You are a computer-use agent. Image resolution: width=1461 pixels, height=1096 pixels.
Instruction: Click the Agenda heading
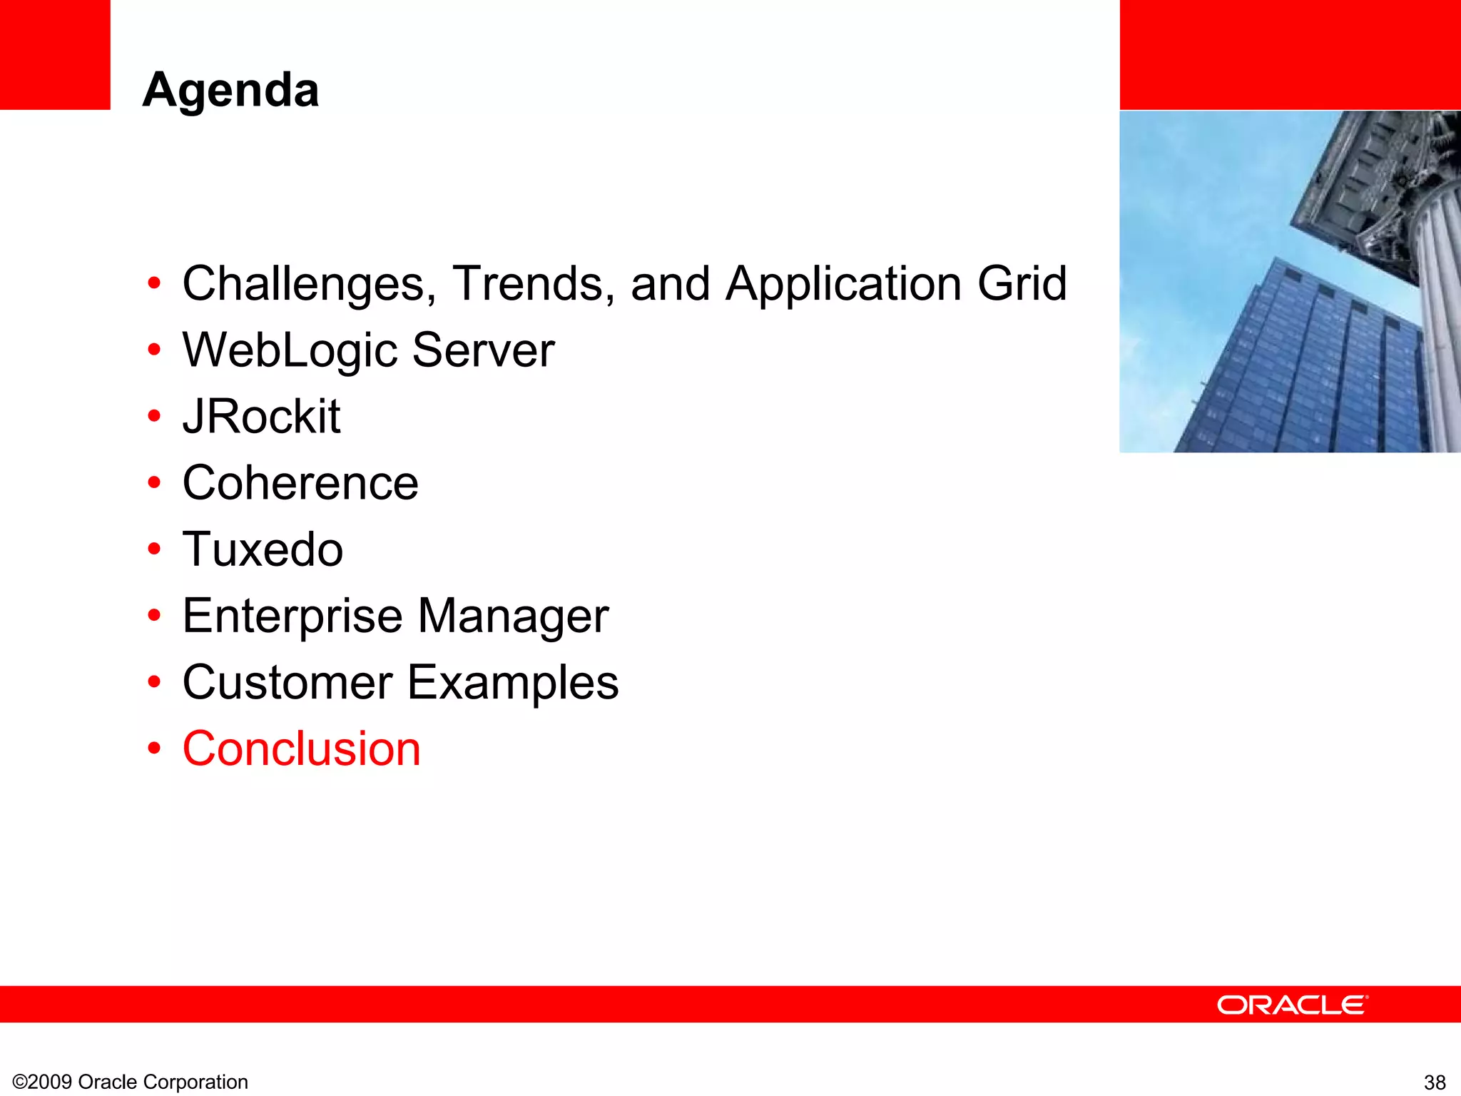pyautogui.click(x=230, y=91)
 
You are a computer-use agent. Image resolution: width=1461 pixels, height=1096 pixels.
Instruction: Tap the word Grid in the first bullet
pyautogui.click(x=1022, y=284)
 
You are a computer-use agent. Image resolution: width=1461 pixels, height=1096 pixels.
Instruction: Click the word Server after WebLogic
pyautogui.click(x=483, y=350)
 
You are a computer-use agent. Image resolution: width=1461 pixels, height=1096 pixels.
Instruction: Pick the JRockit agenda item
pyautogui.click(x=261, y=417)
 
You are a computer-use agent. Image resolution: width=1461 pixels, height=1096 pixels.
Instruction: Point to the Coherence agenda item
pyautogui.click(x=300, y=483)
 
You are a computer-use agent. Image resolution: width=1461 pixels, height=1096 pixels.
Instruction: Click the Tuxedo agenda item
pyautogui.click(x=263, y=549)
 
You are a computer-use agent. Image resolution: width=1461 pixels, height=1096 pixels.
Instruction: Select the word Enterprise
pyautogui.click(x=292, y=616)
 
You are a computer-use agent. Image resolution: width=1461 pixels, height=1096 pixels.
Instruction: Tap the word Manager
pyautogui.click(x=513, y=616)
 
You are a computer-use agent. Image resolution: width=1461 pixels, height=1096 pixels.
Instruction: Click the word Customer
pyautogui.click(x=287, y=682)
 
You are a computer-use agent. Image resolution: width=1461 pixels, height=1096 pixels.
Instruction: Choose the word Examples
pyautogui.click(x=513, y=682)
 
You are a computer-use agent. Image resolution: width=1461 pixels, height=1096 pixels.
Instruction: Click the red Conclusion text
pyautogui.click(x=302, y=749)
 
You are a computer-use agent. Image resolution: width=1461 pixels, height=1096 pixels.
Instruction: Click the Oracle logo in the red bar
pyautogui.click(x=1292, y=1005)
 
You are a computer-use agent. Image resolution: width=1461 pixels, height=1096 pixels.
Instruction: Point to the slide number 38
pyautogui.click(x=1435, y=1082)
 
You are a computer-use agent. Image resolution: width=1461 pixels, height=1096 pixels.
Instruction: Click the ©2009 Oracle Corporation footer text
pyautogui.click(x=131, y=1082)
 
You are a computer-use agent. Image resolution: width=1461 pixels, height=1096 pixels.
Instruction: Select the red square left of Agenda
pyautogui.click(x=55, y=54)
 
